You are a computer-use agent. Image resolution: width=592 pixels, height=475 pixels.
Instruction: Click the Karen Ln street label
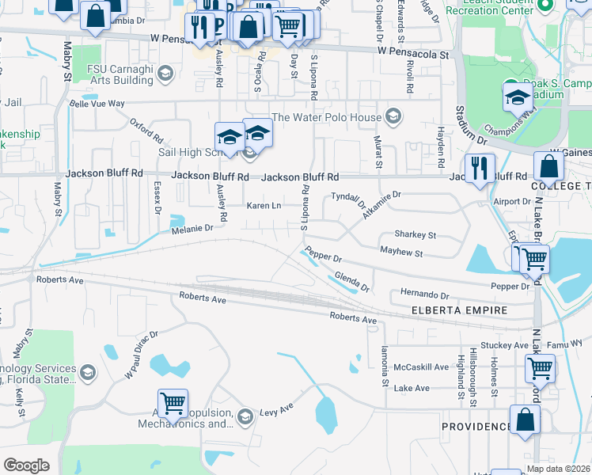[x=264, y=206]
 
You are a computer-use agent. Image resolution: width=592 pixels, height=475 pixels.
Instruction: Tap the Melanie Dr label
[x=192, y=228]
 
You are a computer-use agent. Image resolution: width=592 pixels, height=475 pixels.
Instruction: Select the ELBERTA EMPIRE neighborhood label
[x=459, y=311]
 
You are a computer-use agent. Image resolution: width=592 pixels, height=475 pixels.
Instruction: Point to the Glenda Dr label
[x=352, y=282]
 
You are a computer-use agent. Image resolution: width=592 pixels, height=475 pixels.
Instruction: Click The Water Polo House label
[x=327, y=117]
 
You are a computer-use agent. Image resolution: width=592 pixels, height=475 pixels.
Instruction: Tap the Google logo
[x=26, y=465]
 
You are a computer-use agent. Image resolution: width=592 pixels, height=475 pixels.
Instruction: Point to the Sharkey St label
[x=415, y=235]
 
